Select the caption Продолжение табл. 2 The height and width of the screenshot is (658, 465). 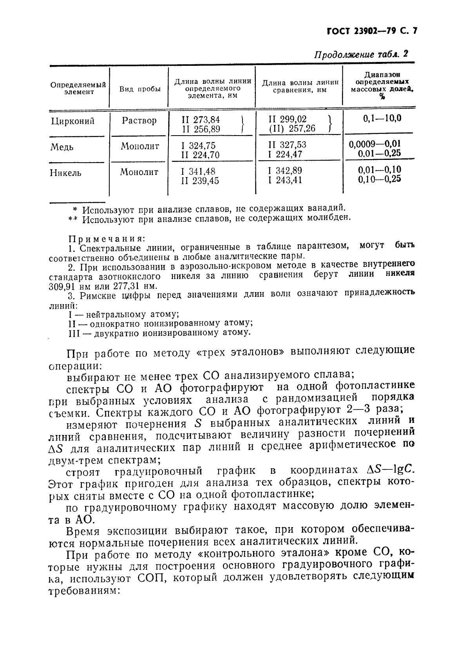click(361, 54)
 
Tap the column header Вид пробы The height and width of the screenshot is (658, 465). click(140, 89)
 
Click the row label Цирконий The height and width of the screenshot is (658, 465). click(73, 121)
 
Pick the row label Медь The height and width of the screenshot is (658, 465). click(62, 147)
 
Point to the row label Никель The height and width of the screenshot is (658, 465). click(65, 173)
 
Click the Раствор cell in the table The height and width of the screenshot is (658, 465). click(139, 120)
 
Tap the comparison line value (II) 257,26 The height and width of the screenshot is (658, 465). click(292, 129)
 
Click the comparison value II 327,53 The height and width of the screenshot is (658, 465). click(287, 145)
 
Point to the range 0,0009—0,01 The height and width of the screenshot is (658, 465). click(375, 144)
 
